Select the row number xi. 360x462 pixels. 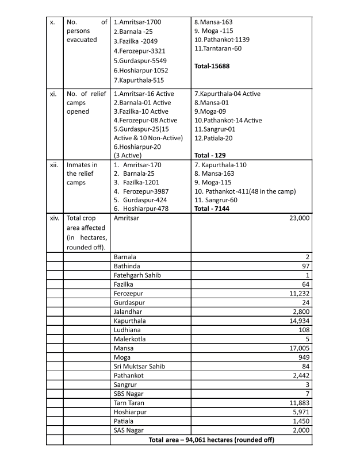tap(53, 93)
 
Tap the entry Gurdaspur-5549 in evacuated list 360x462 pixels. tap(140, 60)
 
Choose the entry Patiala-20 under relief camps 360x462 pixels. tap(215, 138)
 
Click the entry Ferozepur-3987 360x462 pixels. tap(141, 199)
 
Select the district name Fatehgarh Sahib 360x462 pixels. tap(137, 275)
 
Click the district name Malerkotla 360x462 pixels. tap(131, 339)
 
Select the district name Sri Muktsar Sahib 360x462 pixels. tap(140, 367)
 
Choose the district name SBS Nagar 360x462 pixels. tap(129, 394)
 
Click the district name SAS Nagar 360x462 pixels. tap(129, 430)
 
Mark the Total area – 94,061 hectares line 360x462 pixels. tap(211, 440)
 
